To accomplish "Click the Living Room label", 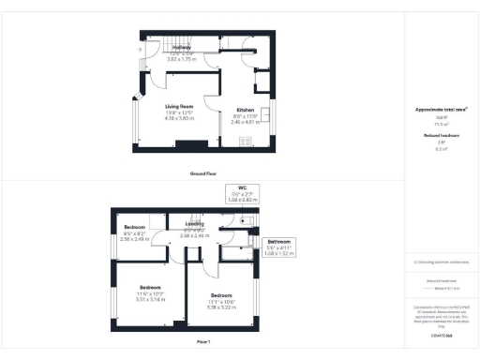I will pos(180,107).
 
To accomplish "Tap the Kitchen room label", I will pos(245,109).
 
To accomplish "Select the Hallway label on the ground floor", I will pos(182,47).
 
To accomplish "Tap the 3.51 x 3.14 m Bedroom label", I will pos(151,286).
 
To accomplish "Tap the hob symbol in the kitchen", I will pos(245,142).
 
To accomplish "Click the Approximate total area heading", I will pos(441,110).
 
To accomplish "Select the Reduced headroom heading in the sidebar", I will pos(440,136).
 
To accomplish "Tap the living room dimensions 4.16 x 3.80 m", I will pos(180,119).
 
